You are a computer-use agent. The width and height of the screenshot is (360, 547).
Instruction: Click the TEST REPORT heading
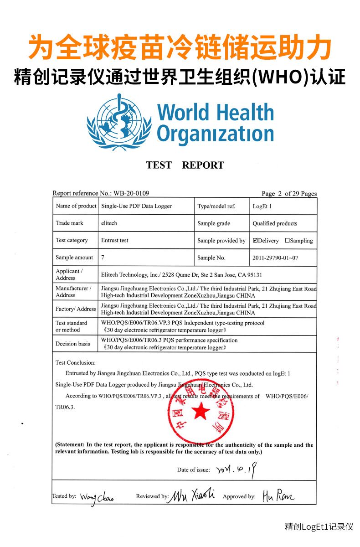click(185, 165)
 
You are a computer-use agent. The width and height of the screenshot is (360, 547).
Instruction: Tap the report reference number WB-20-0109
click(130, 193)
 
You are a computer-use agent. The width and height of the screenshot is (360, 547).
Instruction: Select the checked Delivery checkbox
click(256, 241)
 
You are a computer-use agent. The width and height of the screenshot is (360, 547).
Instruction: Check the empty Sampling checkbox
click(287, 241)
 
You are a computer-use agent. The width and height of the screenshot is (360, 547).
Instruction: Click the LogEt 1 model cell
click(262, 206)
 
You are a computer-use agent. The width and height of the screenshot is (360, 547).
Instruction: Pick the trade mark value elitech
click(110, 223)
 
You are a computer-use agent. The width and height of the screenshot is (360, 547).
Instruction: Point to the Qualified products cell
click(275, 223)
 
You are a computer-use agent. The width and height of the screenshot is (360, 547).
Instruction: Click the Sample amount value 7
click(103, 258)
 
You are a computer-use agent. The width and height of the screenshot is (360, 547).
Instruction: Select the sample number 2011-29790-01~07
click(275, 258)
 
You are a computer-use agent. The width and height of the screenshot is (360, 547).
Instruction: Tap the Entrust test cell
click(115, 240)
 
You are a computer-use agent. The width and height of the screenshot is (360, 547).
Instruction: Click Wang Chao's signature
click(97, 497)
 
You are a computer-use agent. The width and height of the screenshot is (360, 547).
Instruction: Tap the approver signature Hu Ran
click(278, 496)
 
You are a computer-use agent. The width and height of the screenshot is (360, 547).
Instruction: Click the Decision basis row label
click(73, 344)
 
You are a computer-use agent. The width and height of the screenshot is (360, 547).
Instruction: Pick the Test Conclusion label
click(76, 363)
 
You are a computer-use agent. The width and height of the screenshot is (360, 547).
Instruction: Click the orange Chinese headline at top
click(180, 48)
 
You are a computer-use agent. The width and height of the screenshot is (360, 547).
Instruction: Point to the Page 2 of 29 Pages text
click(289, 194)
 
